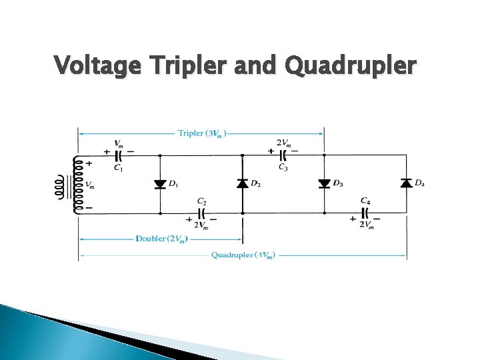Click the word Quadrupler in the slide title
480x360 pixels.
click(x=351, y=66)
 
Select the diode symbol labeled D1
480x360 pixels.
click(x=160, y=184)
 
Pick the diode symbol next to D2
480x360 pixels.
click(x=242, y=183)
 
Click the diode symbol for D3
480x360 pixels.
click(x=324, y=183)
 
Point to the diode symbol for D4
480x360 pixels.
click(x=405, y=183)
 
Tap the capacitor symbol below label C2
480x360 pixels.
click(x=201, y=214)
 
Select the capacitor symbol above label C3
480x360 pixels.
click(x=283, y=155)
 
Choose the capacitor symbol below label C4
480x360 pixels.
click(x=365, y=214)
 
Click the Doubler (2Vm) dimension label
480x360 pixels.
click(x=161, y=238)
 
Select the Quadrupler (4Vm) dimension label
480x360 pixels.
click(x=243, y=255)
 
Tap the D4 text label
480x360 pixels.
click(x=420, y=183)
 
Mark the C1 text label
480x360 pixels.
click(x=118, y=167)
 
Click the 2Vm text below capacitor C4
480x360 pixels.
click(x=367, y=225)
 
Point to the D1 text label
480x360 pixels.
click(x=173, y=183)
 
